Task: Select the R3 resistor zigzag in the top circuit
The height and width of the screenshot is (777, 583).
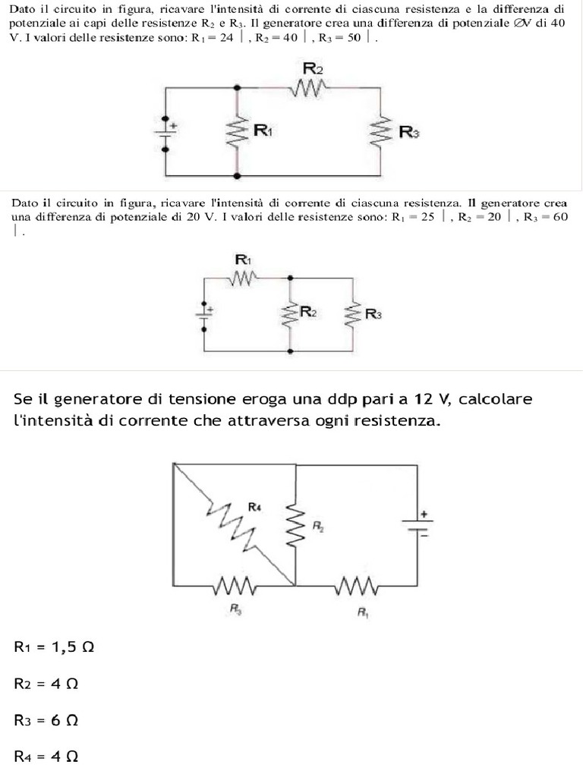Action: coord(380,132)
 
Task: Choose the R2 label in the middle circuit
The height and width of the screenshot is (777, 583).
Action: coord(308,311)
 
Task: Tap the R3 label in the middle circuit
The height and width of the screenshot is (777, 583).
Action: coord(373,314)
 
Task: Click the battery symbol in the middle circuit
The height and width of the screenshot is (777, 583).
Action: coord(204,312)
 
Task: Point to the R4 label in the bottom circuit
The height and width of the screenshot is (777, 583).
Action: coord(254,506)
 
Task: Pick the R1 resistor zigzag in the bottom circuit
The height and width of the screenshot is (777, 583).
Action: coord(356,586)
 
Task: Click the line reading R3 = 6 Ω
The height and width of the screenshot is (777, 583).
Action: coord(46,720)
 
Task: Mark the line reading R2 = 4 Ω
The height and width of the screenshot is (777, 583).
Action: coord(46,684)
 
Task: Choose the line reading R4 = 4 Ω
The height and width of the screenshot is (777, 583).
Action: coord(46,757)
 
